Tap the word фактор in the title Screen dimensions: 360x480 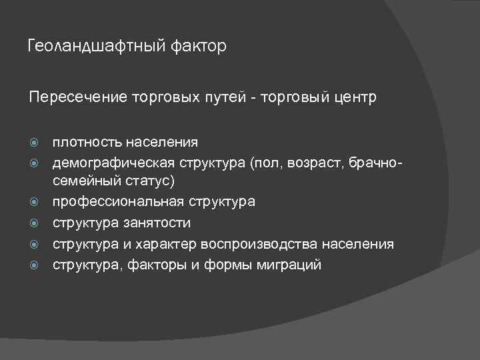[x=198, y=47]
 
